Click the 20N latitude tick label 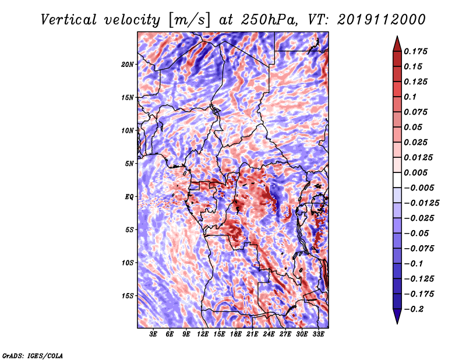tap(128, 65)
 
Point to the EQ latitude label tap(129, 197)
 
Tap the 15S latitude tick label tap(128, 296)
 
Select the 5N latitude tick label tap(129, 164)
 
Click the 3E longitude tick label tap(153, 334)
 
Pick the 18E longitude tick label tap(236, 334)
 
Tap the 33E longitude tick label tap(318, 334)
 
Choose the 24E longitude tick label tap(269, 334)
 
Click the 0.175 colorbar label tap(415, 51)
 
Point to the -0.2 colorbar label tap(413, 309)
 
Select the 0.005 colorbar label tap(415, 172)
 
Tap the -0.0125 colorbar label tap(421, 203)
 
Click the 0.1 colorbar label tap(410, 97)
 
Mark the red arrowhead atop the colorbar tap(397, 44)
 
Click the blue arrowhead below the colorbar tap(397, 316)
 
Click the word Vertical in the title tap(69, 20)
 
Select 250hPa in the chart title tap(269, 20)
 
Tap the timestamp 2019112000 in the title tap(382, 20)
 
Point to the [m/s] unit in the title tap(189, 20)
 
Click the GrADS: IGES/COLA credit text tap(33, 355)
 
